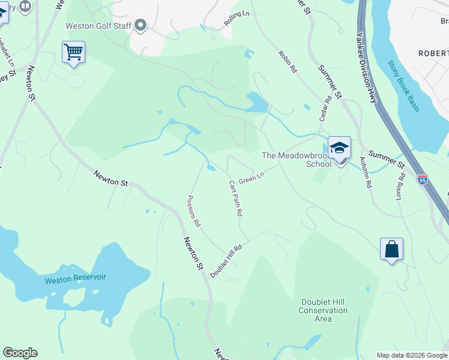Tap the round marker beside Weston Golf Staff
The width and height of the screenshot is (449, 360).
(141, 25)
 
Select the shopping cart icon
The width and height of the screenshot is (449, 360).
(73, 53)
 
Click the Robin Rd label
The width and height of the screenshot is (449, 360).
(288, 62)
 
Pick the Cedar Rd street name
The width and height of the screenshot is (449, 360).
(328, 110)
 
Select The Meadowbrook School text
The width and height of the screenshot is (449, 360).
(297, 160)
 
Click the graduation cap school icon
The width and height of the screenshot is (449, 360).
(339, 148)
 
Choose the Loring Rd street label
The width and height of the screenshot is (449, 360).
(400, 187)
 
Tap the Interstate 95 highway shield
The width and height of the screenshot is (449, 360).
(422, 179)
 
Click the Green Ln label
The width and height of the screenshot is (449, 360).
(252, 179)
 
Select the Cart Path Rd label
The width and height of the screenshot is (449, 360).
(235, 198)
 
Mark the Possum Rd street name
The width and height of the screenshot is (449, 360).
(193, 211)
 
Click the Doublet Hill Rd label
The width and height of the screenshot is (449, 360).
(226, 260)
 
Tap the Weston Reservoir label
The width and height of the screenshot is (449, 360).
(75, 278)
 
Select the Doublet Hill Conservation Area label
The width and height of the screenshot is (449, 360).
(323, 310)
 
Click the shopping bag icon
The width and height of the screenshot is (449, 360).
(391, 249)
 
